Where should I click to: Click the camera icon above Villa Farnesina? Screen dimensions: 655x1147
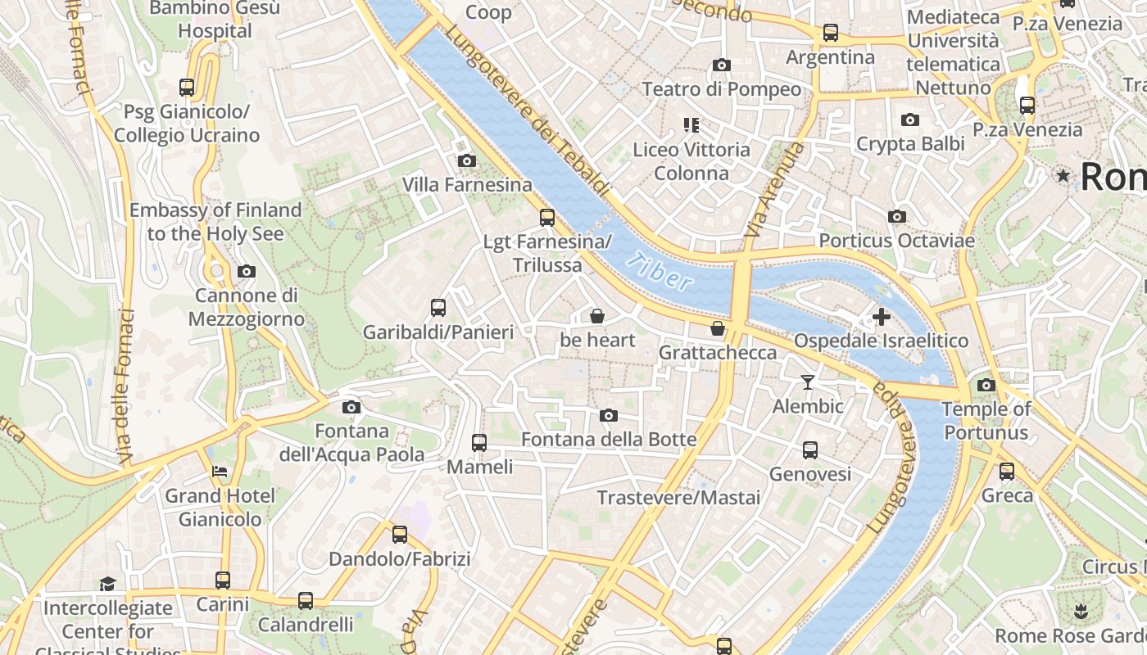coord(466,160)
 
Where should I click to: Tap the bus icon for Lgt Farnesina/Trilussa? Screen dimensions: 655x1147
coord(547,218)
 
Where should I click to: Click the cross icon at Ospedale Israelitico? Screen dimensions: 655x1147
coord(882,317)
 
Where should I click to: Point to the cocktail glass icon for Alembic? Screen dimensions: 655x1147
coord(808,382)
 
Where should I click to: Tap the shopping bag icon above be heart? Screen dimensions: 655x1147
coord(597,316)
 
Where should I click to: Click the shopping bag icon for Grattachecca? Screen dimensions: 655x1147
coord(718,329)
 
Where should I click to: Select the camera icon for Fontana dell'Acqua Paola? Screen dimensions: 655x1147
coord(351,407)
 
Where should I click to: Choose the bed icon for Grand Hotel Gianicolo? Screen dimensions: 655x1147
coord(220,472)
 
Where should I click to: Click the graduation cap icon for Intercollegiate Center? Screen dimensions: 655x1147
coord(107,584)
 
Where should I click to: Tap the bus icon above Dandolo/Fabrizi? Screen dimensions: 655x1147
coord(400,535)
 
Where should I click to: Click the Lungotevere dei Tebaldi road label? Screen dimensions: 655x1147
coord(528,111)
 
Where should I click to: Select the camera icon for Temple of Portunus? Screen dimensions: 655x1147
coord(986,385)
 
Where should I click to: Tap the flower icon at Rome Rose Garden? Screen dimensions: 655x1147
coord(1081,611)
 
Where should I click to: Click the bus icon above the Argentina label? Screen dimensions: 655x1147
coord(831,33)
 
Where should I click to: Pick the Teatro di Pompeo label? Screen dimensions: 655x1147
coord(721,89)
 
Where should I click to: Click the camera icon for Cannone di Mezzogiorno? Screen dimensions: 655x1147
coord(246,271)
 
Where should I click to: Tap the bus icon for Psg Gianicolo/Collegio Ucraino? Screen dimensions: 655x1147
coord(187,87)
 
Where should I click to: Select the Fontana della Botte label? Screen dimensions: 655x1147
coord(609,440)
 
